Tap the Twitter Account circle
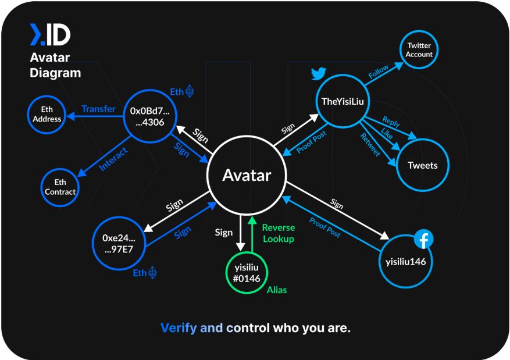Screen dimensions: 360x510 click(419, 50)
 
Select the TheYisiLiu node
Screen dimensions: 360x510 click(343, 102)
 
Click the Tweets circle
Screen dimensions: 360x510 click(423, 165)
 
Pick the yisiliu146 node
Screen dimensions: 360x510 click(405, 261)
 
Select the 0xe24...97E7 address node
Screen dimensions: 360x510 click(119, 243)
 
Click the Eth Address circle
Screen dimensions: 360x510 click(47, 114)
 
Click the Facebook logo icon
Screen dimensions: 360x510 click(424, 240)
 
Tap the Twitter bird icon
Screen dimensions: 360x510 click(318, 74)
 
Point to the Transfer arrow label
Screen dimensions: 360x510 click(98, 109)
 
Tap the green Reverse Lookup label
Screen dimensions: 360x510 click(278, 233)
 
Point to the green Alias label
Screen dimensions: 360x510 click(277, 290)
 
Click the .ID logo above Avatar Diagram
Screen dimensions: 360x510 click(50, 35)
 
